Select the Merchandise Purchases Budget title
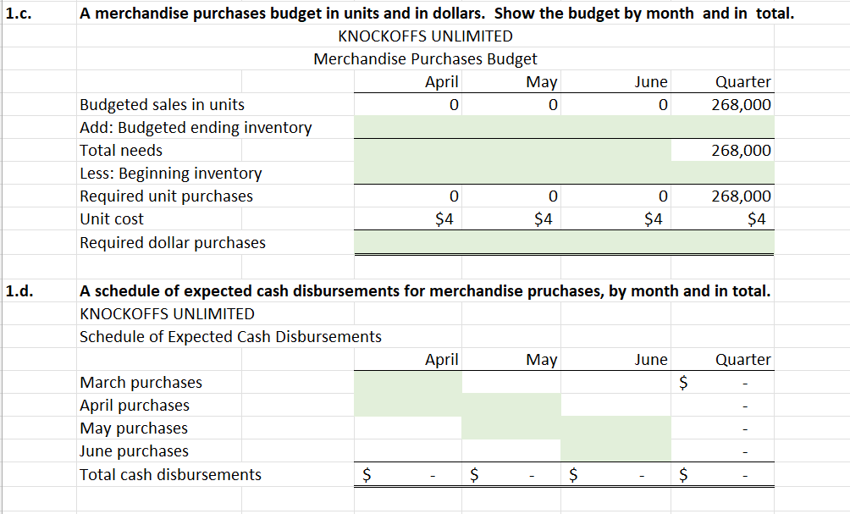point(425,59)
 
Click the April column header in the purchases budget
point(441,82)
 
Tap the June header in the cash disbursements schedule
point(651,360)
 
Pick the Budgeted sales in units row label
point(162,105)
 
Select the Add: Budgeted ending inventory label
point(196,128)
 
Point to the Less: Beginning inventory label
point(170,174)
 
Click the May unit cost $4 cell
point(544,219)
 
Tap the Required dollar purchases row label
point(172,243)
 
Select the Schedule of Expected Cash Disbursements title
point(230,337)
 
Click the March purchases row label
point(141,383)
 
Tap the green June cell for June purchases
point(615,451)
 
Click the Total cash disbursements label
point(170,475)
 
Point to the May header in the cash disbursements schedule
point(541,360)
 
